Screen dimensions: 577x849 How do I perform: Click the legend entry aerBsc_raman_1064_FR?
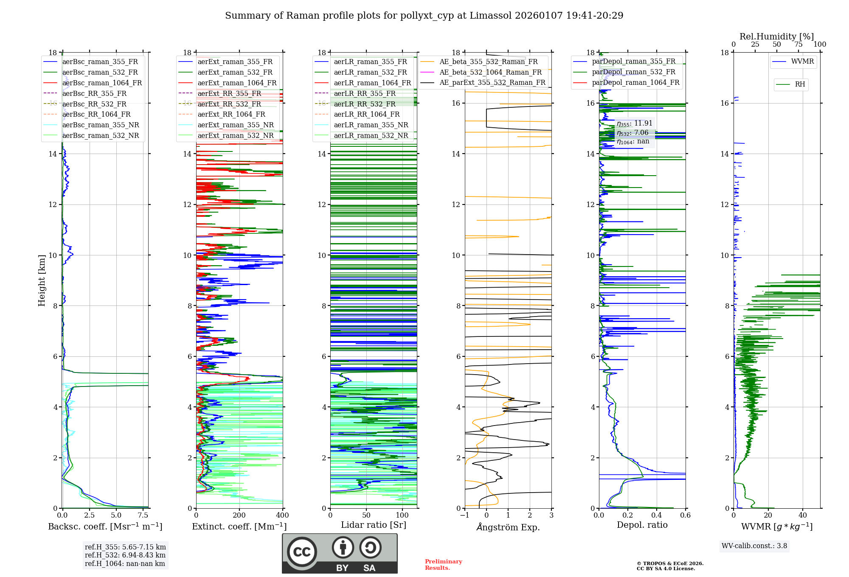point(102,83)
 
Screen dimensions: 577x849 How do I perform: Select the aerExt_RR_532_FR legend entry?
point(229,104)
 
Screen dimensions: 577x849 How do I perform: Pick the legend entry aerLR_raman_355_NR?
point(371,125)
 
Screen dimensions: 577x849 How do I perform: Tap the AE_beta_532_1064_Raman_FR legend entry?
point(490,72)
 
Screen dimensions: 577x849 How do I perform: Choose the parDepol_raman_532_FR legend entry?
point(633,72)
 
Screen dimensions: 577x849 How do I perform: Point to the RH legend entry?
point(800,84)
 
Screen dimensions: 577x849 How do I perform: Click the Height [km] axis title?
point(42,280)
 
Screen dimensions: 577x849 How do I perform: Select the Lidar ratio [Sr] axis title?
point(373,525)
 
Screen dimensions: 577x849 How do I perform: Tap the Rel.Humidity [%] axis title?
point(776,36)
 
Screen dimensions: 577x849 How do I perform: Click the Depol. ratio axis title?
point(642,525)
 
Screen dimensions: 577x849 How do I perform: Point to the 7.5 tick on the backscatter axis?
point(143,515)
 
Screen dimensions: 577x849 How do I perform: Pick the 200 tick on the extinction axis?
point(239,515)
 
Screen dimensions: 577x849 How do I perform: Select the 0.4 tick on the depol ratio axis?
point(656,515)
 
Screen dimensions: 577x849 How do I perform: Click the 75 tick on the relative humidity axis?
point(798,44)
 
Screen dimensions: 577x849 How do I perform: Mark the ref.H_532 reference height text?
point(125,555)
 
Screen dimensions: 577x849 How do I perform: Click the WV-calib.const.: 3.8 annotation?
point(754,546)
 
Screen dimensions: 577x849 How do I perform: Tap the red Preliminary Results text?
point(443,564)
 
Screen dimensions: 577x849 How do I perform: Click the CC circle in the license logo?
point(302,552)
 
